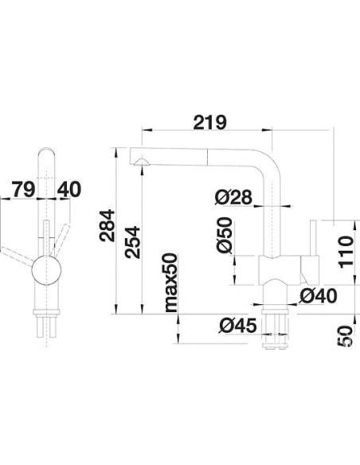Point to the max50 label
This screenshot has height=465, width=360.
pos(169,283)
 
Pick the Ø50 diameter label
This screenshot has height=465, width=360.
pos(224,236)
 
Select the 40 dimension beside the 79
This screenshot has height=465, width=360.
pos(69,190)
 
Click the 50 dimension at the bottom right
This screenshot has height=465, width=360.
pos(344,337)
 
